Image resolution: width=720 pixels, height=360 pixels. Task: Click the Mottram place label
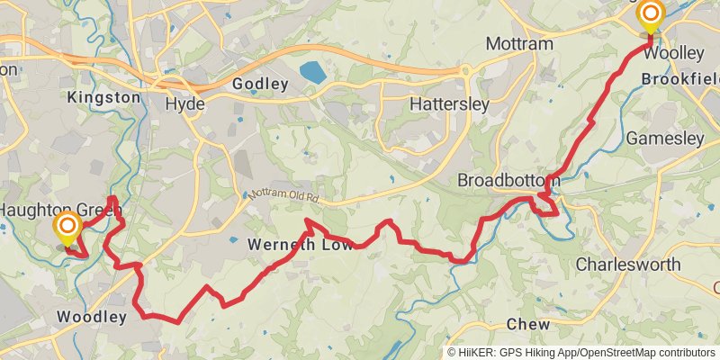coord(517,43)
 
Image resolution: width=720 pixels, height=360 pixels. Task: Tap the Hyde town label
coord(185,103)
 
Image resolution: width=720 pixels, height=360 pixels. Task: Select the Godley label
coord(260,84)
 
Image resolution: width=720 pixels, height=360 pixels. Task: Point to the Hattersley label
coord(449,103)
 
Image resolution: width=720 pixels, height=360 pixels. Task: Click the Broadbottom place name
coord(508,181)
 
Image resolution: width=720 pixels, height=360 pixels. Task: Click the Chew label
coord(528,323)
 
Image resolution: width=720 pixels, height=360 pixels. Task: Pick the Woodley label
coord(91,317)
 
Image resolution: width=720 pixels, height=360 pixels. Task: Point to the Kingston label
coord(103,96)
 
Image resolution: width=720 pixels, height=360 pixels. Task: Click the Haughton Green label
coord(54,208)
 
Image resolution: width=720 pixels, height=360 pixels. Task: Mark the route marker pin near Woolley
coord(650,15)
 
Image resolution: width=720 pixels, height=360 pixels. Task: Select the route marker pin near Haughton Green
coord(67,226)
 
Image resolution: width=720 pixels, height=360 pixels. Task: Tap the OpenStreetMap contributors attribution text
coord(644,353)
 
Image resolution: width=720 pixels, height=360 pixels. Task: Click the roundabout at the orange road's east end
coord(465,70)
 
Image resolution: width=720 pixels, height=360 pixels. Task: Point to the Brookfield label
coord(679,79)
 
